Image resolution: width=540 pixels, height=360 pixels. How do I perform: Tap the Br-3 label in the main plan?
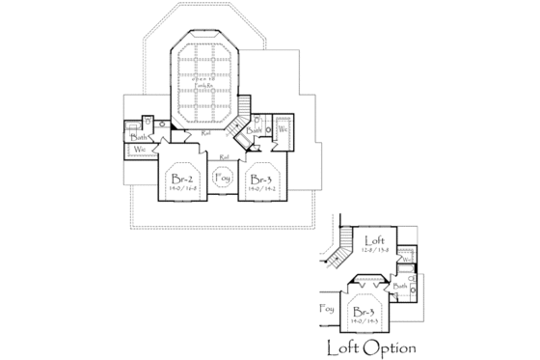259,180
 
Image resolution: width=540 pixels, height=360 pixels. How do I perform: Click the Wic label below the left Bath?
139,150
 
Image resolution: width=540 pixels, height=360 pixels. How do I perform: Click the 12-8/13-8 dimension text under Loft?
374,250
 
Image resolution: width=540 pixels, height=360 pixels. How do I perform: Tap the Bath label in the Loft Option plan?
401,287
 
